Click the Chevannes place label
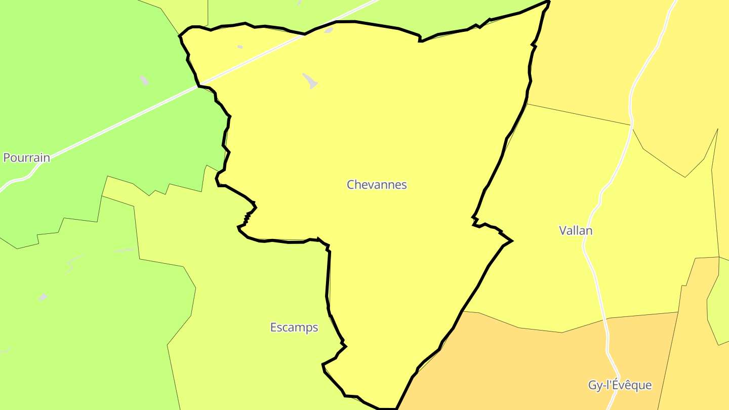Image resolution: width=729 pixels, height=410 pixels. click(x=377, y=185)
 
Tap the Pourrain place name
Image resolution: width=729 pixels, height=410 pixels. click(x=27, y=157)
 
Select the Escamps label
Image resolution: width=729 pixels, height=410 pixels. click(x=294, y=327)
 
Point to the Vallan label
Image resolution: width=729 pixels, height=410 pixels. click(x=576, y=231)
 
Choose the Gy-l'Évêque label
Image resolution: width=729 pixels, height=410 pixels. click(x=620, y=385)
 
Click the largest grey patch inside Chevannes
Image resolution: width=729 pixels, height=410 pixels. click(x=310, y=81)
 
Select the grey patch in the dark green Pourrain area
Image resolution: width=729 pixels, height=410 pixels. click(x=144, y=80)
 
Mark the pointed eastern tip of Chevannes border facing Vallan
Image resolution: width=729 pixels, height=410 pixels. click(x=512, y=240)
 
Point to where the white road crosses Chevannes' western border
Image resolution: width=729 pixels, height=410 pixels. click(x=198, y=86)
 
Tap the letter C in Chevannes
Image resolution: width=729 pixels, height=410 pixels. click(x=350, y=185)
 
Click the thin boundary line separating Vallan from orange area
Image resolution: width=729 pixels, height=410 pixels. click(x=537, y=330)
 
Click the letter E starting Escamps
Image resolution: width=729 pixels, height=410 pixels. click(x=273, y=327)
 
